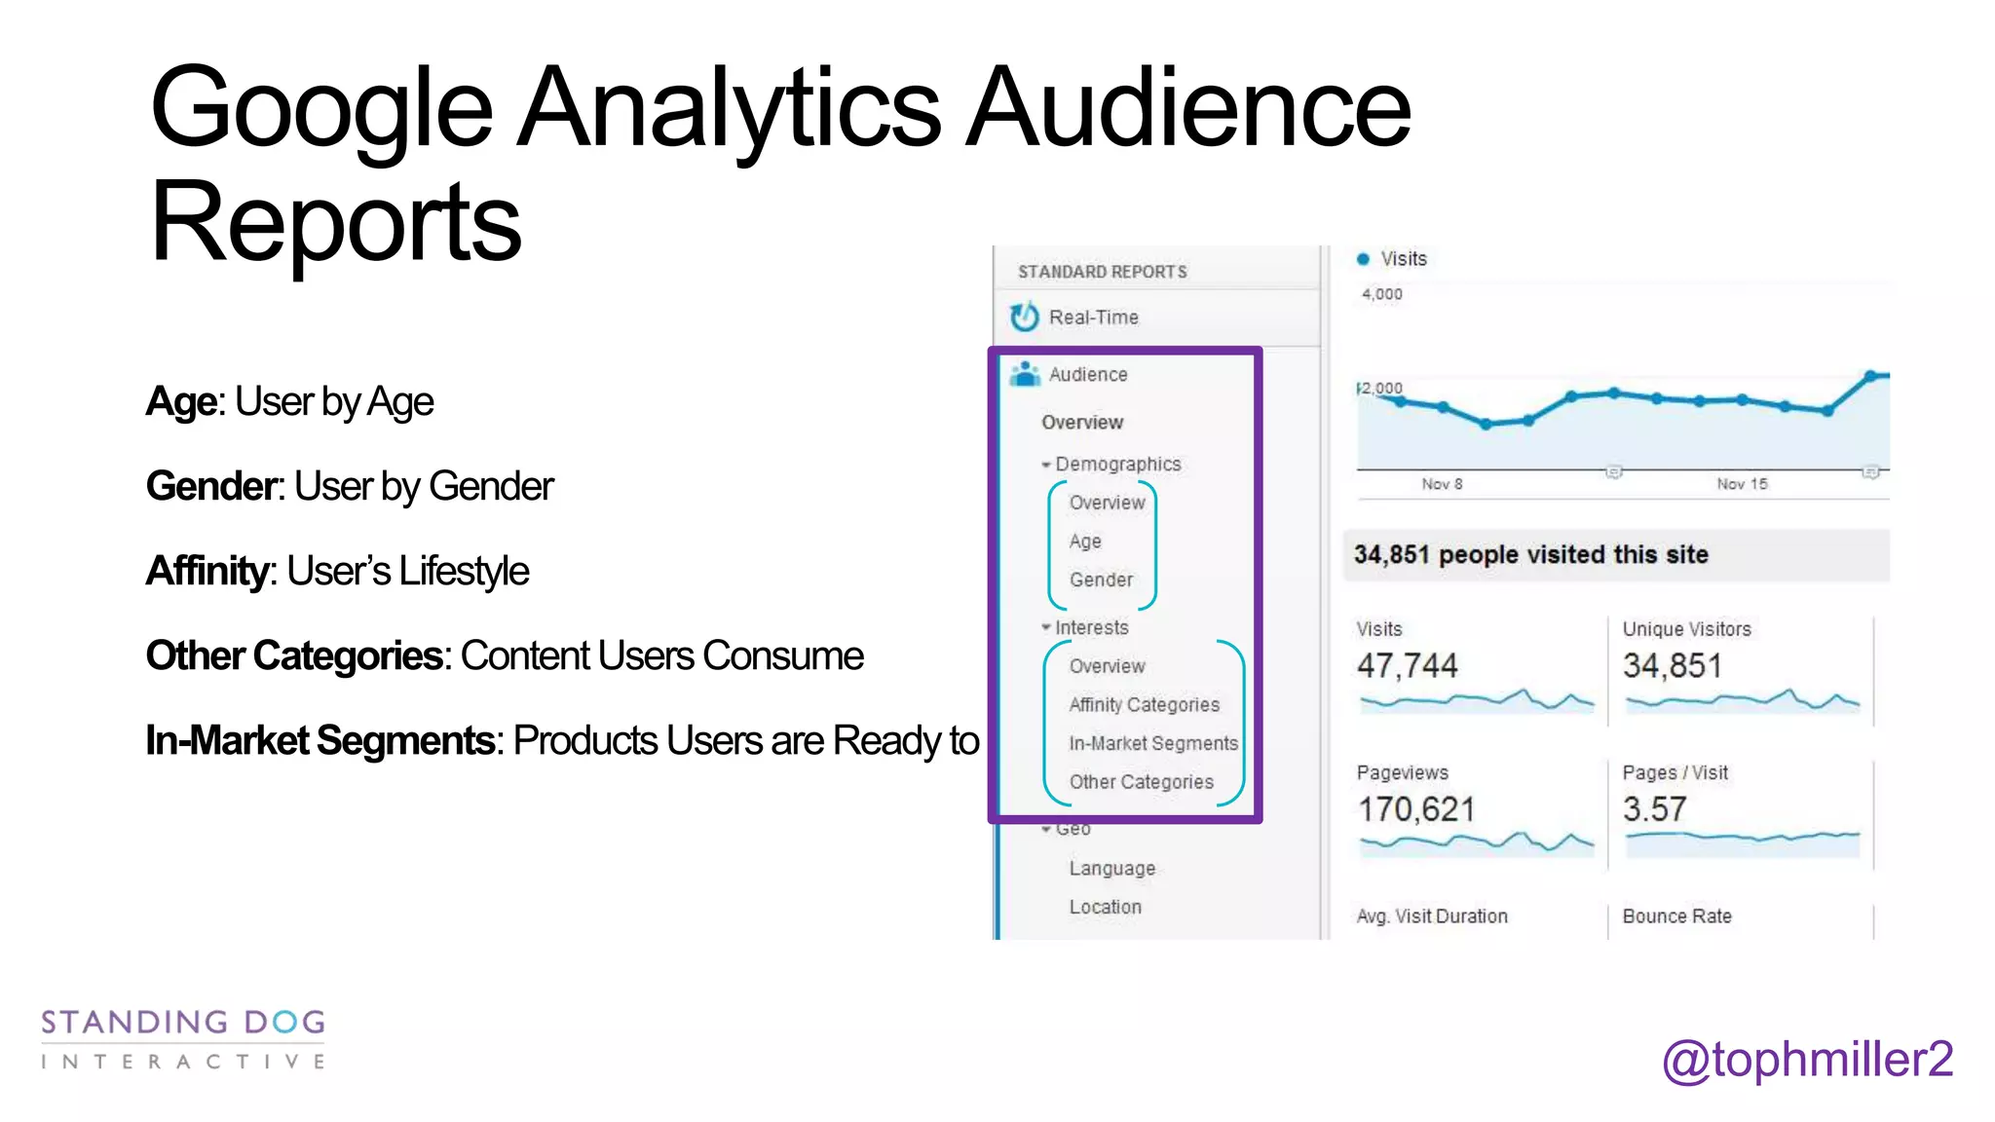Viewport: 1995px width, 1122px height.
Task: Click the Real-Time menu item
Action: click(1093, 318)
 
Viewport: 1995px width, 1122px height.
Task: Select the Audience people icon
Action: click(1025, 374)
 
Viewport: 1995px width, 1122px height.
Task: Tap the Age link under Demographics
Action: click(1085, 542)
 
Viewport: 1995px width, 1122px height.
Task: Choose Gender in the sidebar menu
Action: click(1101, 580)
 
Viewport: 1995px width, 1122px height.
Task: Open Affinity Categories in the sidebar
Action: click(1144, 705)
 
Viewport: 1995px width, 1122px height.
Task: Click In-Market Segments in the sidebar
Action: click(1153, 744)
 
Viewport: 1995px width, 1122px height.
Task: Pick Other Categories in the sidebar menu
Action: click(1141, 782)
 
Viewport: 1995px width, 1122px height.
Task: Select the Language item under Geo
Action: click(1111, 869)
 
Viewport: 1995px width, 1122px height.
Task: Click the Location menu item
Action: click(1105, 908)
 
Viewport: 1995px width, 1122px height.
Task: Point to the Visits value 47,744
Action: click(1407, 666)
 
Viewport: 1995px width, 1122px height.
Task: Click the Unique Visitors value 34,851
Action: click(1672, 666)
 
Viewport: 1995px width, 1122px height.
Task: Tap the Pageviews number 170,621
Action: click(1416, 809)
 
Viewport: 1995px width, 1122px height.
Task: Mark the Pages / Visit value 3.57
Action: click(1654, 809)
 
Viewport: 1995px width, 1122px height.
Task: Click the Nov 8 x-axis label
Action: click(1442, 484)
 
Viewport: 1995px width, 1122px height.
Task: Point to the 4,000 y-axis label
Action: click(1381, 294)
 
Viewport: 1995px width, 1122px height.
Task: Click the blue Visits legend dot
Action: click(1363, 259)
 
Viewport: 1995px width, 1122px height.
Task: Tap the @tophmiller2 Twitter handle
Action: click(1807, 1060)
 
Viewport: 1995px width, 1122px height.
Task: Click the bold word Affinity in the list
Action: click(207, 572)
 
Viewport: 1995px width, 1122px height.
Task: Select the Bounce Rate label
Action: click(1676, 916)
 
